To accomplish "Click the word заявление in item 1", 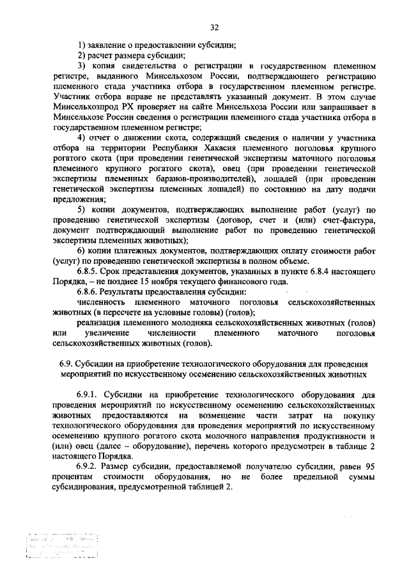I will [x=108, y=45].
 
